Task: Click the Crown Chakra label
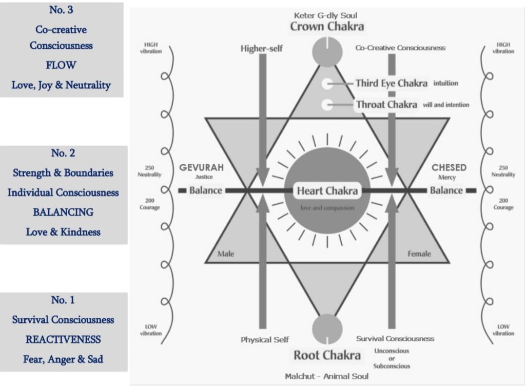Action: [x=327, y=26]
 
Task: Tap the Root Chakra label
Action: [x=327, y=355]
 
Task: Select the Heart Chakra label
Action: [x=327, y=191]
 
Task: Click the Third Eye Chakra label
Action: [x=391, y=83]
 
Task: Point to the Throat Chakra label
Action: [x=386, y=105]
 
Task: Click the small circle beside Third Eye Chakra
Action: [x=327, y=84]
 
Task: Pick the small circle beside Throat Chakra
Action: [x=327, y=105]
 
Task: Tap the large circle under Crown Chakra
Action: [x=327, y=51]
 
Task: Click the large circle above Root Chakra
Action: [x=327, y=329]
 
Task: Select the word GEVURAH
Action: [x=201, y=168]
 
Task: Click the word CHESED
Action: [x=449, y=167]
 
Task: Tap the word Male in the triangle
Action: [x=226, y=254]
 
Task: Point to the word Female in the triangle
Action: [x=419, y=254]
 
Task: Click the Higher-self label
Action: [x=262, y=48]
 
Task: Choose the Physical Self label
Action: [x=265, y=339]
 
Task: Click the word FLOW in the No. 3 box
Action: [x=61, y=65]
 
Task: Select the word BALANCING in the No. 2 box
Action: [x=63, y=212]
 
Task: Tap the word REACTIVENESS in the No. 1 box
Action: [x=63, y=339]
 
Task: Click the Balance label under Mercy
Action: [x=446, y=190]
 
